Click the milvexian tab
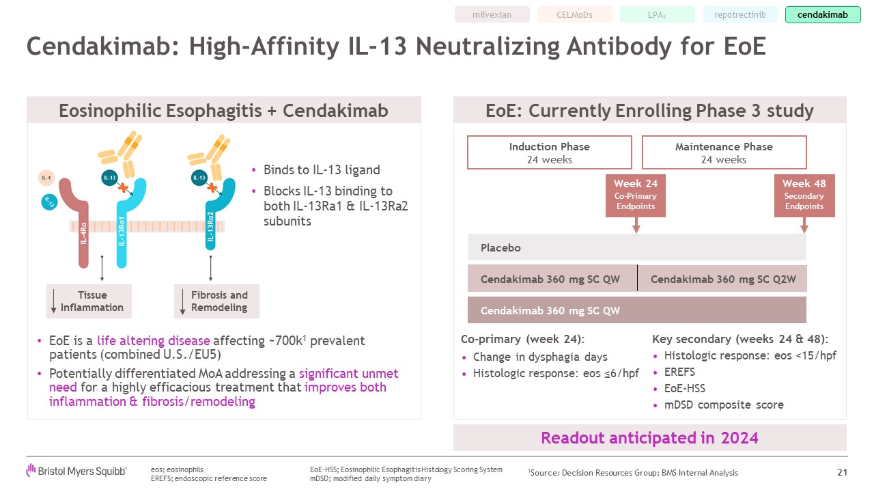[x=492, y=15]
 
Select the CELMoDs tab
[x=574, y=15]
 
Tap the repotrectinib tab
[x=739, y=15]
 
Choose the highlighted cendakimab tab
[x=823, y=15]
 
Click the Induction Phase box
[x=550, y=152]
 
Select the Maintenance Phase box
[x=724, y=152]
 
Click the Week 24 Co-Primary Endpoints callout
[x=636, y=195]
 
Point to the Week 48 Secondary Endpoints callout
[x=804, y=195]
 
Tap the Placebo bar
[x=637, y=247]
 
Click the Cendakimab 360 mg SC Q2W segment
[x=722, y=279]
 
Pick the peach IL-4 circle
[x=46, y=178]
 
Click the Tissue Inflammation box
[x=89, y=301]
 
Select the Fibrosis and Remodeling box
[x=216, y=301]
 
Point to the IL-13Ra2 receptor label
[x=210, y=226]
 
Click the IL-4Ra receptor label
[x=83, y=234]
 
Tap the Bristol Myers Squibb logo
[x=76, y=471]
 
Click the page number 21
[x=842, y=472]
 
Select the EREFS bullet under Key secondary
[x=679, y=372]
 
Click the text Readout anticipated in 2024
[x=649, y=438]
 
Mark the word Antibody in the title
[x=619, y=46]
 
